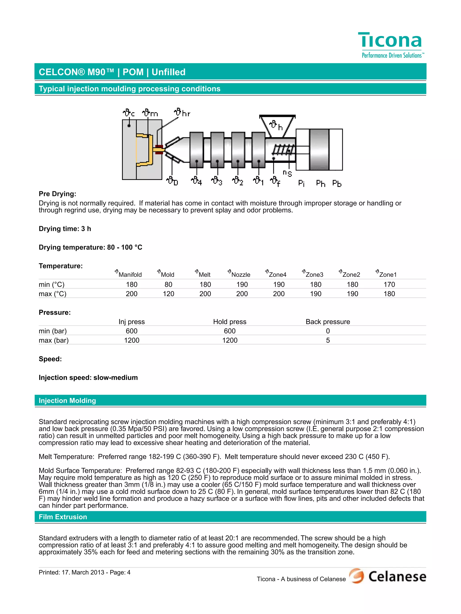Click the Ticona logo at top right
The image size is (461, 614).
click(x=391, y=44)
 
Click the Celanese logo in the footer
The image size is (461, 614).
click(x=387, y=576)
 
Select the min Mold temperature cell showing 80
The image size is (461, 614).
click(x=168, y=284)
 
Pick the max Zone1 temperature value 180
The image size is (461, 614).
click(x=389, y=294)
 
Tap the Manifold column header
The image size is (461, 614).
click(x=129, y=274)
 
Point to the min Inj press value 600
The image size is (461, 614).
click(x=131, y=331)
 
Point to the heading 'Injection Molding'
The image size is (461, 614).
click(x=67, y=400)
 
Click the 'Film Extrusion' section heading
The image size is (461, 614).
click(x=63, y=517)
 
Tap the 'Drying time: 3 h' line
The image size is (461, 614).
click(x=65, y=229)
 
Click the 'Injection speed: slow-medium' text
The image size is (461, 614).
click(x=88, y=377)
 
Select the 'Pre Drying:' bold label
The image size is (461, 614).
click(x=57, y=194)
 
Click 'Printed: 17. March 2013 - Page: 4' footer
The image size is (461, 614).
click(x=85, y=572)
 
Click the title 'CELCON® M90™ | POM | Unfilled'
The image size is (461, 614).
click(x=112, y=72)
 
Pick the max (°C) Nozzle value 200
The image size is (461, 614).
click(x=242, y=294)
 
